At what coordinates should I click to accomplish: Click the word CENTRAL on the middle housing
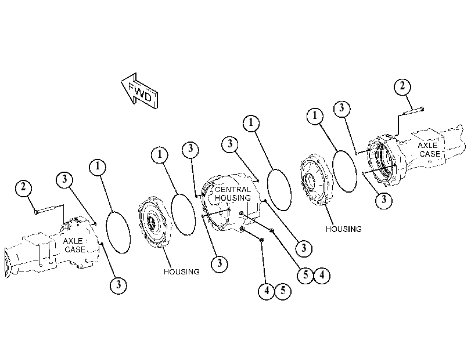pos(233,189)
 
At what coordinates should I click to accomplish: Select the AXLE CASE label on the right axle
pos(429,150)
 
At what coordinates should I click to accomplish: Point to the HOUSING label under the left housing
pos(181,271)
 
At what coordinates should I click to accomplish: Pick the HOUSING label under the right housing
pos(344,229)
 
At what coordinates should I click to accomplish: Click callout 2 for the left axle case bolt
pos(23,188)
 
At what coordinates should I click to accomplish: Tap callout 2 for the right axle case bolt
pos(402,86)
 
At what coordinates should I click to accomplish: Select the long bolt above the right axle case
pos(413,111)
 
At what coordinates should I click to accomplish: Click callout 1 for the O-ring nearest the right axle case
pos(315,115)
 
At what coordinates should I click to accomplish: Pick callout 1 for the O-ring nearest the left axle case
pos(98,166)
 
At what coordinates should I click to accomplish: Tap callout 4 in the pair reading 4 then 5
pos(267,291)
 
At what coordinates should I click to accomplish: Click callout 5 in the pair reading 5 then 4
pos(305,275)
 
